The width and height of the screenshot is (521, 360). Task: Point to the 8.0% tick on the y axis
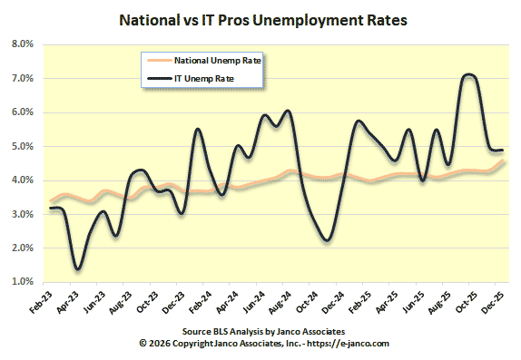pos(23,44)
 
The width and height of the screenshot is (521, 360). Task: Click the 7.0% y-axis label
pos(23,79)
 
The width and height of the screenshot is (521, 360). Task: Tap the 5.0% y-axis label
pos(23,146)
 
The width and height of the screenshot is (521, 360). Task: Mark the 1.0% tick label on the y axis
pos(23,282)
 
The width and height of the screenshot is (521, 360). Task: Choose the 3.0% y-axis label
pos(23,214)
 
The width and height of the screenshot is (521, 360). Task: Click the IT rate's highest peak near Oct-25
pos(468,75)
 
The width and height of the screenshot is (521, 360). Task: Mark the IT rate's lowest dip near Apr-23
pos(79,268)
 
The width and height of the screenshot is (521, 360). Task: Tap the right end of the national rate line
pos(504,161)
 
